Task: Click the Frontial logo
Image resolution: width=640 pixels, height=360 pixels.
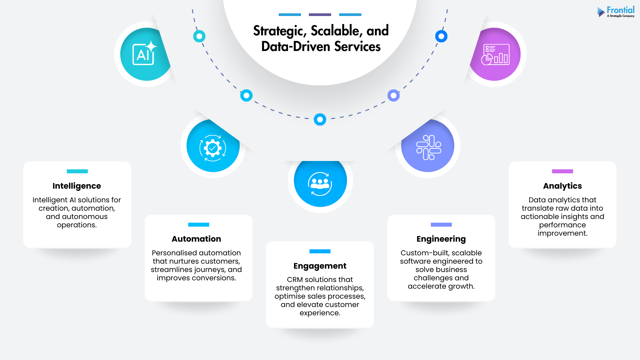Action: pos(616,12)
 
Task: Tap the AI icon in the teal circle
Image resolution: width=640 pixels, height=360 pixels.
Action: pos(144,54)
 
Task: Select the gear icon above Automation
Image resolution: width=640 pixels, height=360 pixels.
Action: pos(213,148)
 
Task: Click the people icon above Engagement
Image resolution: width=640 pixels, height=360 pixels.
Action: pos(320,184)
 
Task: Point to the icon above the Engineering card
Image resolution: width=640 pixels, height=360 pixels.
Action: pos(429,147)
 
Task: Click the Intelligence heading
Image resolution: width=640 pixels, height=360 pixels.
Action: pos(77,186)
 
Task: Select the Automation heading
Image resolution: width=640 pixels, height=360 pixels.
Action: pos(196,239)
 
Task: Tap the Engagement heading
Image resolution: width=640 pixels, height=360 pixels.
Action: pos(320,266)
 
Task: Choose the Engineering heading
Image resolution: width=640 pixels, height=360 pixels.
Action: pos(441,239)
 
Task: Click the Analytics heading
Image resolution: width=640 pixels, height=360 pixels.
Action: pos(562,186)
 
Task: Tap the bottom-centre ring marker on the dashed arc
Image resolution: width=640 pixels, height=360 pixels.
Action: pos(320,119)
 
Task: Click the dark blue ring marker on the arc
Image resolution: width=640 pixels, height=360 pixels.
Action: pos(441,36)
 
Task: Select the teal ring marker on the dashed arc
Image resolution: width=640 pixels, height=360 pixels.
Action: pos(199,36)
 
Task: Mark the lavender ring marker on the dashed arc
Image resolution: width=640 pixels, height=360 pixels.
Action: pos(394,96)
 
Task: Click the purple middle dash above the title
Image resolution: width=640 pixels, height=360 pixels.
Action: pos(320,15)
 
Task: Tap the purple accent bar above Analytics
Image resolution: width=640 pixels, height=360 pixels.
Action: pos(562,171)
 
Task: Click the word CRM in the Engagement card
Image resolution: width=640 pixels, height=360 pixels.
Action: pos(295,280)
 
